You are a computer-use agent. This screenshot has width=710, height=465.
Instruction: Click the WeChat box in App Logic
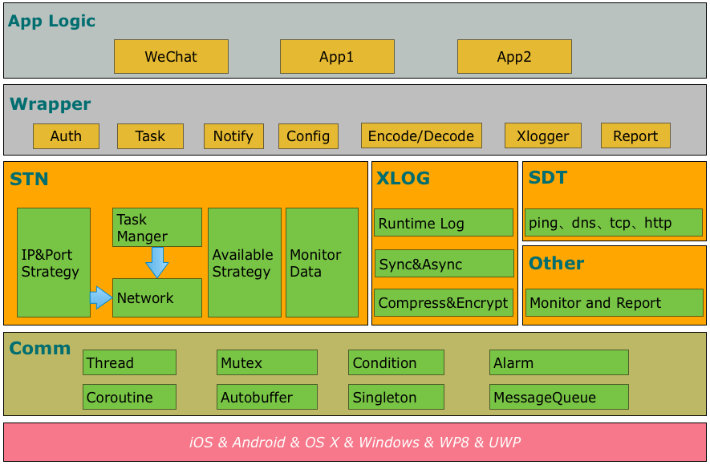(171, 57)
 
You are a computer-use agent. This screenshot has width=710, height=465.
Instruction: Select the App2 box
(514, 57)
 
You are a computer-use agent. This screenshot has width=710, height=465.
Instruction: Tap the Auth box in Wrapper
(66, 136)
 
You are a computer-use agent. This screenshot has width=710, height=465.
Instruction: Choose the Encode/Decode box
(421, 136)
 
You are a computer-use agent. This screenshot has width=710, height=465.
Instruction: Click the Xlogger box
(542, 136)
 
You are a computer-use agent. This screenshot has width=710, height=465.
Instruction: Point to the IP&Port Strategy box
(53, 263)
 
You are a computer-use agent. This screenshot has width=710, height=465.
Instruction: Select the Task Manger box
(156, 228)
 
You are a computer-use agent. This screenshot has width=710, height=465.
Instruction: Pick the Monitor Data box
(322, 263)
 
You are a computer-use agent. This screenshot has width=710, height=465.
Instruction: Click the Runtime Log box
(444, 223)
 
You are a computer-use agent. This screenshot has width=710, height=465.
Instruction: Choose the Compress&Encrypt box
(444, 303)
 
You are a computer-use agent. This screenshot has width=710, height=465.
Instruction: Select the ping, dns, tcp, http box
(614, 223)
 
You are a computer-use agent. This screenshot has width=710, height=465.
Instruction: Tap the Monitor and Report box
(614, 303)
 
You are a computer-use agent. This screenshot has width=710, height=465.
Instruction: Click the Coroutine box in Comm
(129, 397)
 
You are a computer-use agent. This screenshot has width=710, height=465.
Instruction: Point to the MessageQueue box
(559, 397)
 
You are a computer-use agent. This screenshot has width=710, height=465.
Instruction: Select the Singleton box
(396, 397)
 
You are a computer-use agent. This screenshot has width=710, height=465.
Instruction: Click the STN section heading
(29, 180)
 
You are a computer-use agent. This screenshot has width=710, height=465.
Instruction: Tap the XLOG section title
(403, 179)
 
